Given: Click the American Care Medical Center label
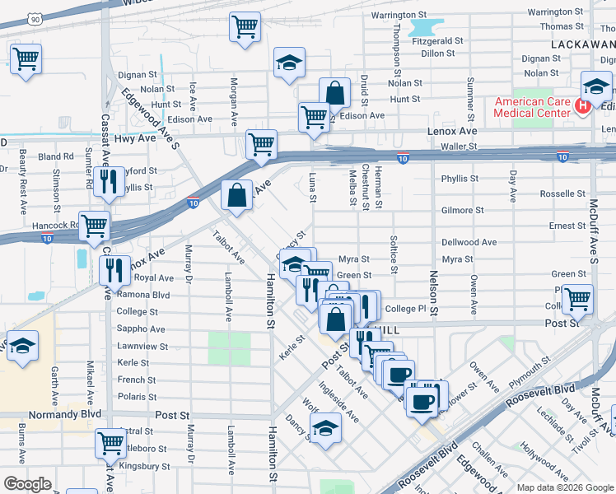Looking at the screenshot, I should coord(531,107).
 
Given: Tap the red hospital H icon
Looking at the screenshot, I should coord(582,106).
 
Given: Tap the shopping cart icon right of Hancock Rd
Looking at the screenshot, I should coord(95,223).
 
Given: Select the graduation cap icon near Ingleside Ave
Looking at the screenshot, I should coord(326,427).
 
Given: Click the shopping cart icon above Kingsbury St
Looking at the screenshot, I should coord(110,442).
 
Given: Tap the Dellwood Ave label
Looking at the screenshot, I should coord(469,242).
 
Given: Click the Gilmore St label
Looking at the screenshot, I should coord(462,210).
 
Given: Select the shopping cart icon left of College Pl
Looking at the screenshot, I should coord(577,299).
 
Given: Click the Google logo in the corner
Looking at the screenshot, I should coord(27,483).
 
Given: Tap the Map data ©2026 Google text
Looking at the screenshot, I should coord(564,487).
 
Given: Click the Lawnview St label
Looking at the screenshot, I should coord(142,347).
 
